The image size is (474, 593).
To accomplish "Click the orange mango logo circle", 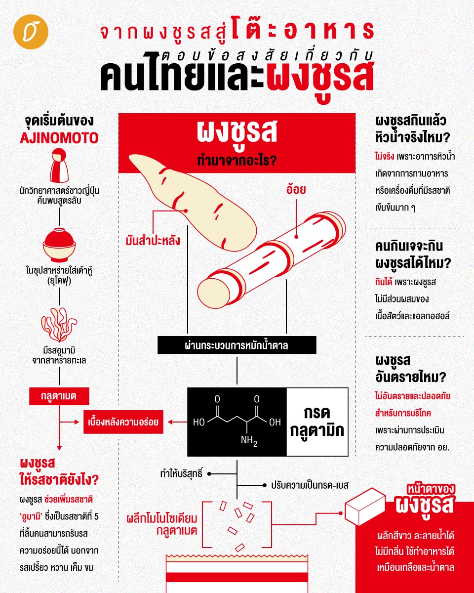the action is click(x=31, y=32).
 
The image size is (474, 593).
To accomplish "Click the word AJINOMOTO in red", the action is click(x=59, y=138).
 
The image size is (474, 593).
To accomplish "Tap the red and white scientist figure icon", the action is click(x=59, y=165).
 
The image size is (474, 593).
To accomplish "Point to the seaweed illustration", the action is click(x=59, y=324).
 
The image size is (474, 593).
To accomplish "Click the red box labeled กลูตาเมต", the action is click(x=59, y=396).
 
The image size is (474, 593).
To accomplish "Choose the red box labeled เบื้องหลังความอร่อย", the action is click(x=123, y=422).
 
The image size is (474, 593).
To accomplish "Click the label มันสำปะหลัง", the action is click(x=153, y=241).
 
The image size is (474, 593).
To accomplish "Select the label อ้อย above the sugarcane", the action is click(x=296, y=189).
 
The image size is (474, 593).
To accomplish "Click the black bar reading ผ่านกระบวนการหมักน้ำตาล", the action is click(x=237, y=345).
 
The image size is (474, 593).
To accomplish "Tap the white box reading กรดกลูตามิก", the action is click(x=317, y=422).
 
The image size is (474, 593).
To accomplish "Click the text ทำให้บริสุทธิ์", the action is click(x=181, y=474).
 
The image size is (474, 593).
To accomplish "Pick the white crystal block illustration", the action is click(x=365, y=507).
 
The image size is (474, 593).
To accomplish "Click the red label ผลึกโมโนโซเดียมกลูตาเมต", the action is click(x=162, y=524).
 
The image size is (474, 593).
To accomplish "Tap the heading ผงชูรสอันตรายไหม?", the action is click(x=410, y=369).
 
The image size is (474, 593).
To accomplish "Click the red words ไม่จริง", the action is click(x=384, y=157).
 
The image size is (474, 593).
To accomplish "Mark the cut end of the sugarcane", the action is click(x=213, y=294).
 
